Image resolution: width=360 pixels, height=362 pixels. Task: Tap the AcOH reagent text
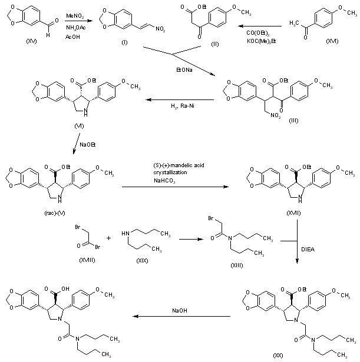72,39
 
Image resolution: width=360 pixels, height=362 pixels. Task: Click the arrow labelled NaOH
180,316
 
